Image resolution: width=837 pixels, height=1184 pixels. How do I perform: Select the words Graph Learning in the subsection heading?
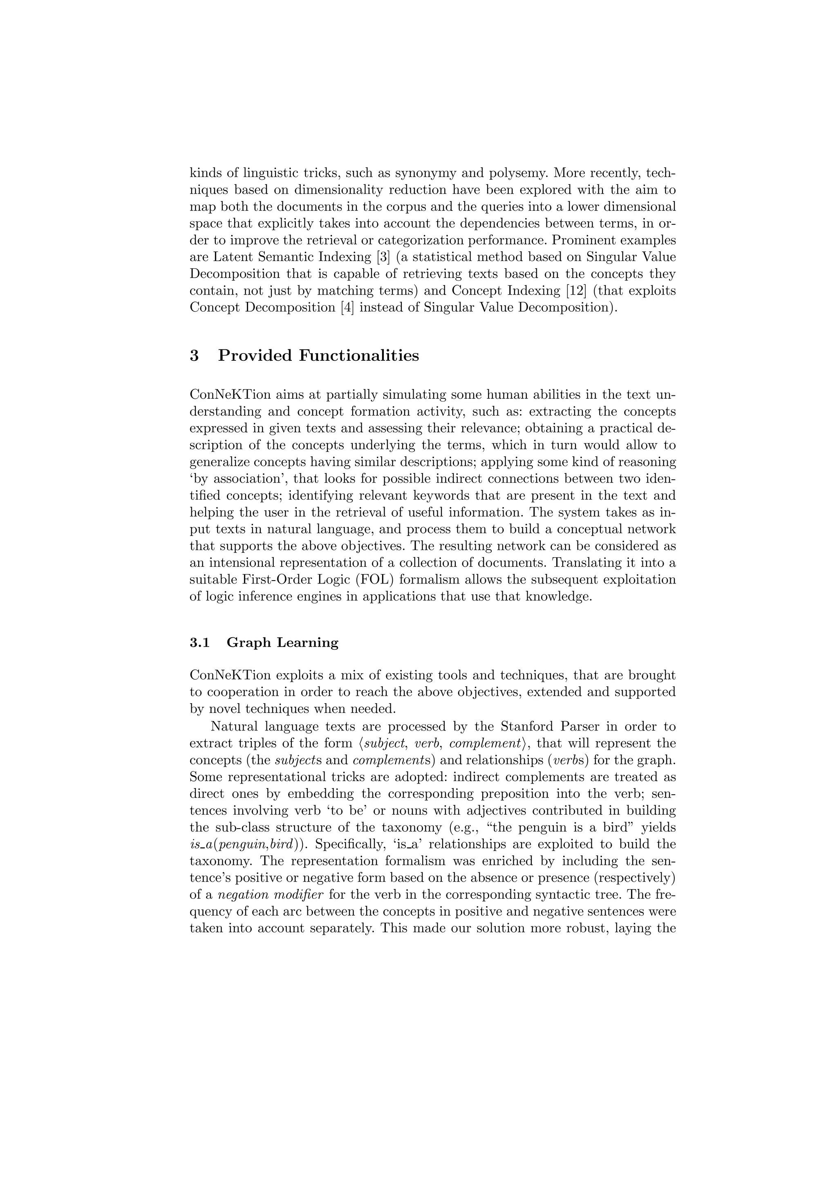[x=282, y=643]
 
